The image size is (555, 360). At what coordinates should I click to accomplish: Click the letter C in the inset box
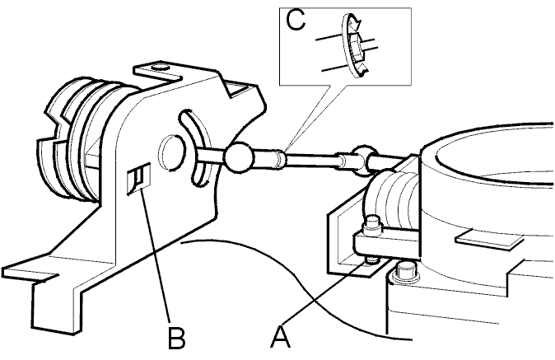tap(295, 20)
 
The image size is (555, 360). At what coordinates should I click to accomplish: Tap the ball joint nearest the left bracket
tap(239, 157)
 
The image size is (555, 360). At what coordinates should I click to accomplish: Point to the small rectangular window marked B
tap(138, 179)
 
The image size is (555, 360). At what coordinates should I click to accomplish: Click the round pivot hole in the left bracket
tap(171, 153)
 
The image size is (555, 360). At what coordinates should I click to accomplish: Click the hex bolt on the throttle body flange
tap(404, 273)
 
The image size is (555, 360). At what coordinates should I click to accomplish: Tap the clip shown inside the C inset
tap(355, 45)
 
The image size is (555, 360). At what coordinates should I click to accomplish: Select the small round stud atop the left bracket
tap(160, 67)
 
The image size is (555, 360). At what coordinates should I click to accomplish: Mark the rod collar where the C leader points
tap(280, 159)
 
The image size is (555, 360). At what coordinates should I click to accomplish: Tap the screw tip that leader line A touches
tap(372, 261)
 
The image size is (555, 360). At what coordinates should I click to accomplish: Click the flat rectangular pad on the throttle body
tap(489, 241)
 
